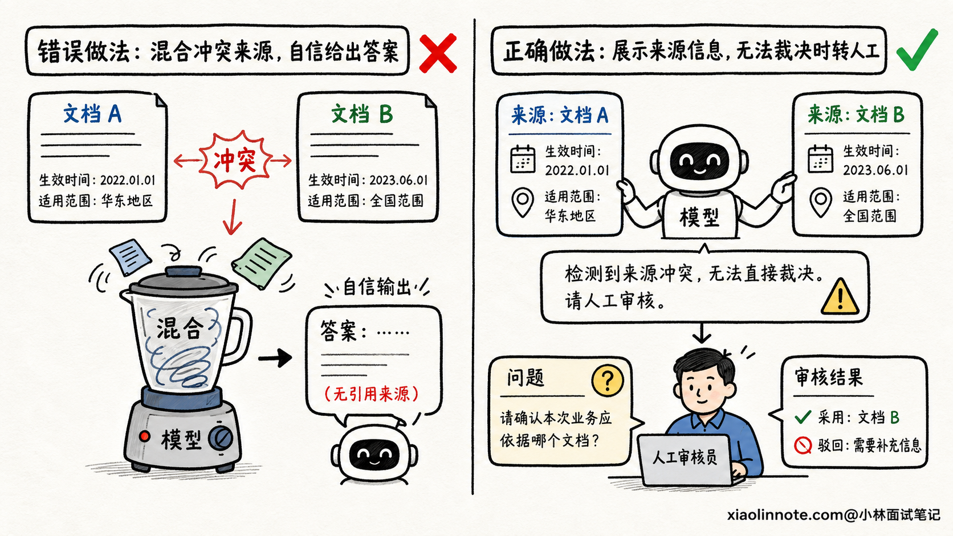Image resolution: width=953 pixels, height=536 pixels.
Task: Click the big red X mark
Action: coord(438,54)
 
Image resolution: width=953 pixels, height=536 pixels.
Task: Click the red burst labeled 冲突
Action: coord(235,160)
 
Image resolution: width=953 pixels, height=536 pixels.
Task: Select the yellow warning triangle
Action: coord(840,297)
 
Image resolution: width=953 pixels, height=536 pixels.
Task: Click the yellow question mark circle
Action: coord(608,380)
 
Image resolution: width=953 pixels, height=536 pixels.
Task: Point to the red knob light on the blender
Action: coord(145,436)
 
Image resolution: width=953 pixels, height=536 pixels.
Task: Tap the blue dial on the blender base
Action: coord(221,437)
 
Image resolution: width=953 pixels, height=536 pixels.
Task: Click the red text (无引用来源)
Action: coord(372,394)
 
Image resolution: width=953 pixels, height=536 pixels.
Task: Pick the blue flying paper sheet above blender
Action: coord(130,257)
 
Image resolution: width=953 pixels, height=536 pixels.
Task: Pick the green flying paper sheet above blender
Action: coord(261,263)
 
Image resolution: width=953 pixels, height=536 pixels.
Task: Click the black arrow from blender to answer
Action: coord(275,358)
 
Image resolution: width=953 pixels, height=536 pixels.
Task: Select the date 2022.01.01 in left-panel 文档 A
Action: coord(128,180)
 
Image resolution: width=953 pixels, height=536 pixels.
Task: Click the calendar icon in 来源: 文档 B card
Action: coord(820,158)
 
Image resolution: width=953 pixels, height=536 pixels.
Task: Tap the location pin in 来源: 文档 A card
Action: coord(523,202)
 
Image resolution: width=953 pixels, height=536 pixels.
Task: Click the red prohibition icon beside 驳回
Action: coord(803,445)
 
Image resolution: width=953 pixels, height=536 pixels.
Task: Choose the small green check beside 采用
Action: coord(803,416)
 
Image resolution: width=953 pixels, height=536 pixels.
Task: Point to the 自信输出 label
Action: coord(377,287)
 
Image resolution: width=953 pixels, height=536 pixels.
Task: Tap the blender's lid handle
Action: coord(184,271)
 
